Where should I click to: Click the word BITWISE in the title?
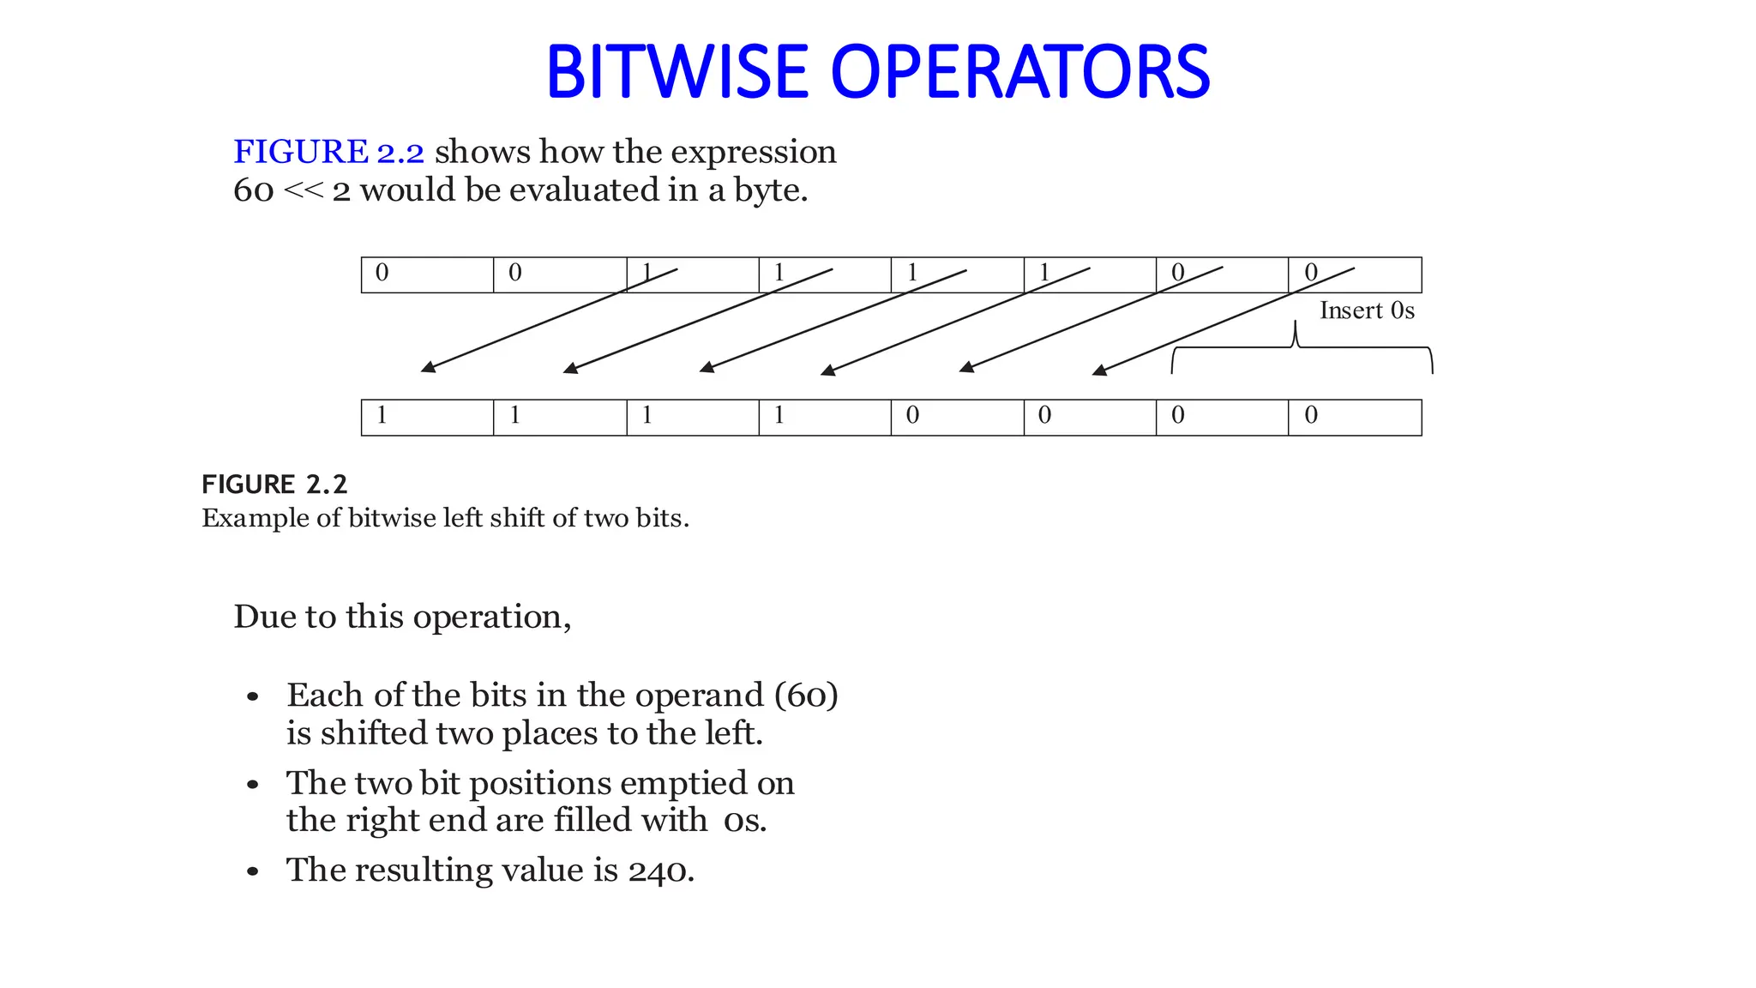point(677,72)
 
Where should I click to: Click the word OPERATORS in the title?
point(1020,72)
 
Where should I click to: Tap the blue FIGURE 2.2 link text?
point(328,152)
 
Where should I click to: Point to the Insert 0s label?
point(1367,310)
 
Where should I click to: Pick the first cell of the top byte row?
point(427,274)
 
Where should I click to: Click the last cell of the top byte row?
point(1355,274)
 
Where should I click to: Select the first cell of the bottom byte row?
point(427,418)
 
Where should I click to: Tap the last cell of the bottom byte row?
point(1355,418)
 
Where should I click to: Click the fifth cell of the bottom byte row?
point(957,418)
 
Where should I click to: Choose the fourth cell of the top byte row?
point(825,274)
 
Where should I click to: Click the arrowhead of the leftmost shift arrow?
point(428,367)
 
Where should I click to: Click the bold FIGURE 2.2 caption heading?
point(274,485)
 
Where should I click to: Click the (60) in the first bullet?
point(806,695)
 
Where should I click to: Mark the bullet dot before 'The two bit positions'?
point(252,785)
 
